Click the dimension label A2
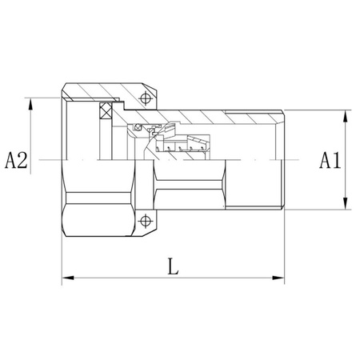tap(16, 160)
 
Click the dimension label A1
tap(330, 160)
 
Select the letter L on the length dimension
tap(173, 266)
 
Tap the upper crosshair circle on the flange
tap(144, 99)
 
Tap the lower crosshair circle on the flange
tap(144, 222)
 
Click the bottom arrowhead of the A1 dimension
tap(344, 206)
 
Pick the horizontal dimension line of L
tap(120, 278)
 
